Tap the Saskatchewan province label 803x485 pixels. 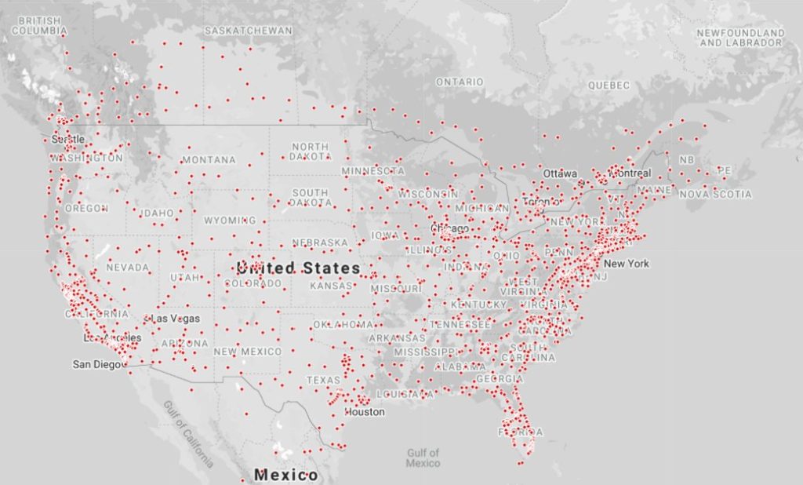coord(248,31)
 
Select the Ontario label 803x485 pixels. coord(460,82)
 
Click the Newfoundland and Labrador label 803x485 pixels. coord(741,38)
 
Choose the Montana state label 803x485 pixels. coord(209,160)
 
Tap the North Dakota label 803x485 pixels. coord(310,151)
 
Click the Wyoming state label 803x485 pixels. coord(231,221)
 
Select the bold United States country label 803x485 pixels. coord(298,268)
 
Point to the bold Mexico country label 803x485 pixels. coord(285,476)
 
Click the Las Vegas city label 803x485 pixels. coord(175,319)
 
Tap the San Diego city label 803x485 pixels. coord(98,364)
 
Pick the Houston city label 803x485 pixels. coord(365,412)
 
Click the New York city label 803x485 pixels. coord(626,264)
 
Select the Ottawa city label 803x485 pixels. coord(560,173)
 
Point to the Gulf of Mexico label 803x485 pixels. coord(423,458)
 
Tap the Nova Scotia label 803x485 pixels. coord(714,194)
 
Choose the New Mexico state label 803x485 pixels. coord(247,352)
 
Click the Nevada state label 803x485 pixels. coord(127,268)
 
